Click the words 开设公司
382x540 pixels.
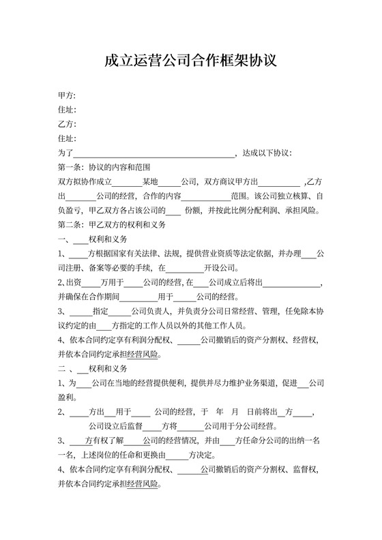[x=219, y=269]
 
